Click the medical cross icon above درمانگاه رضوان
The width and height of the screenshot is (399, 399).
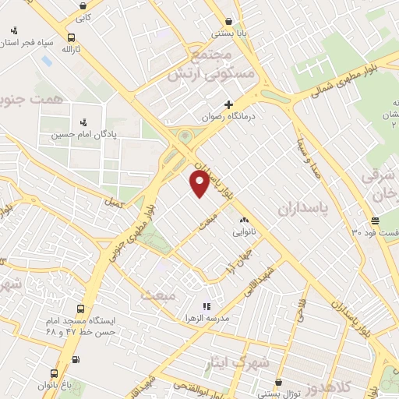(228, 104)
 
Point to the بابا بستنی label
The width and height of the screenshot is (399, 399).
(228, 34)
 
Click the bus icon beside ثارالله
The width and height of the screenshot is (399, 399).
(72, 37)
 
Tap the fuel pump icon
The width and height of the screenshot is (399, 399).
(76, 359)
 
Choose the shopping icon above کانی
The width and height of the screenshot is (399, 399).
(83, 5)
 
